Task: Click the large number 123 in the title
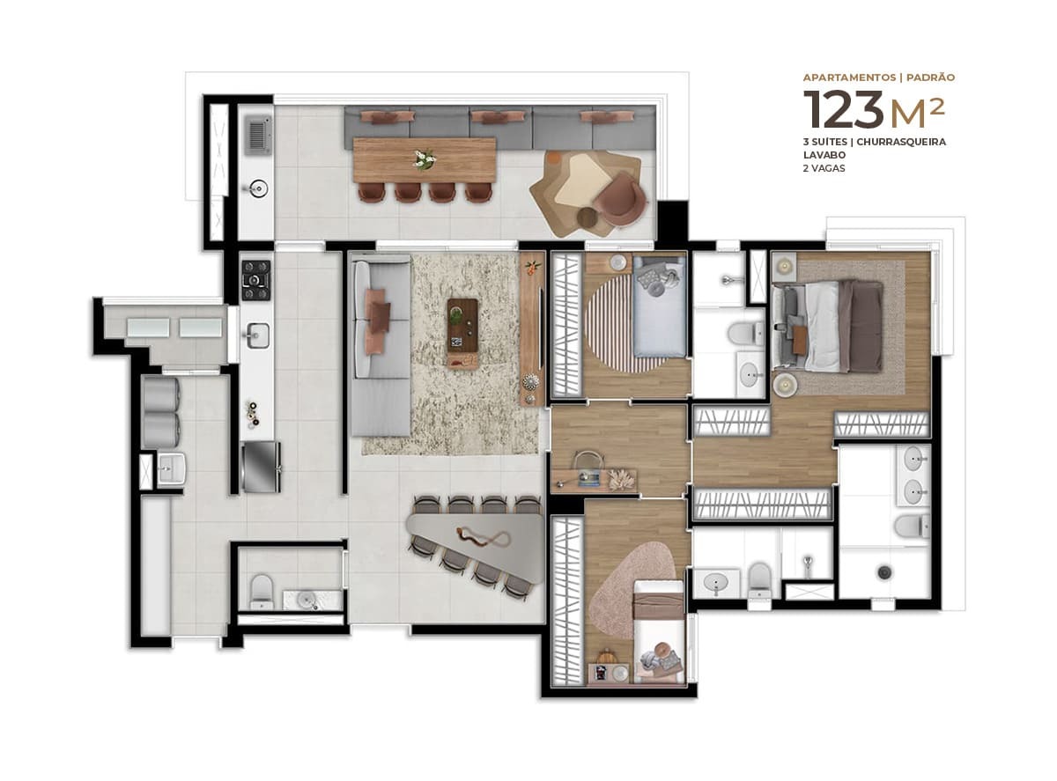(843, 111)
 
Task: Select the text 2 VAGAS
(824, 168)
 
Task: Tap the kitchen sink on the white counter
(257, 335)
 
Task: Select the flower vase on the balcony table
(425, 159)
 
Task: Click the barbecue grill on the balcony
(256, 134)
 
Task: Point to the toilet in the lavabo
(262, 591)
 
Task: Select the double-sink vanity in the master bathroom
(914, 475)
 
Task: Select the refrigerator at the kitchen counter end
(261, 467)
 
